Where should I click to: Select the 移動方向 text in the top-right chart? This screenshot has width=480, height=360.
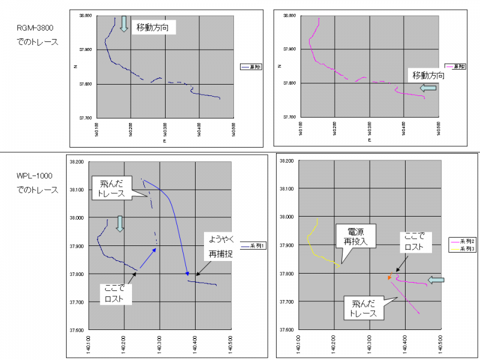pos(428,76)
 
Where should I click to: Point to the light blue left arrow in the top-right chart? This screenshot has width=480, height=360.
pos(429,88)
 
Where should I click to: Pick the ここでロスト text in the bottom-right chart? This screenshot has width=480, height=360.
pos(415,241)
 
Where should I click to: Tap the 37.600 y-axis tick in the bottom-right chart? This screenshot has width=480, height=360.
pos(290,329)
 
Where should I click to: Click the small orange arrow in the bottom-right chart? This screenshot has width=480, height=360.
pos(390,277)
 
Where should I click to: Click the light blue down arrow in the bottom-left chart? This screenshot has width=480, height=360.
pos(119,224)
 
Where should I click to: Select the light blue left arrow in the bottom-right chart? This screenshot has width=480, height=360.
pos(437,280)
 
